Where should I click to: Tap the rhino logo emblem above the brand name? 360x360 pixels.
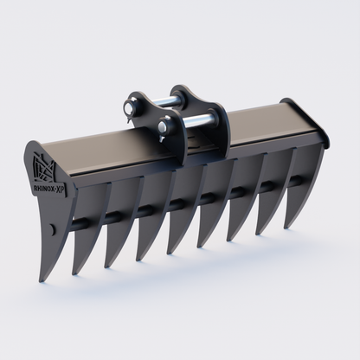tap(43, 164)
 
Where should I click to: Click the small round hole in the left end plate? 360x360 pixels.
tap(52, 228)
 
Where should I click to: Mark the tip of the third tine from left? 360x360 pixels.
tap(109, 266)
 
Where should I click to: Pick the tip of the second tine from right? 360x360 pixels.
tap(261, 233)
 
